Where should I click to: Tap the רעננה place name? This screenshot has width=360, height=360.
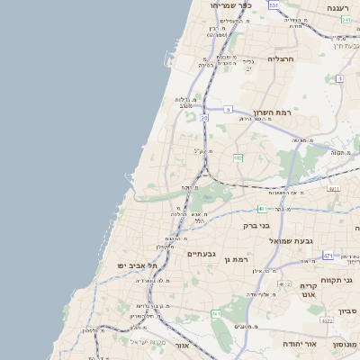coord(337,7)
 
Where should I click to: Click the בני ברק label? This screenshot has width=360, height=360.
coord(256,226)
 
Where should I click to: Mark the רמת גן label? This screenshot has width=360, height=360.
coord(236,259)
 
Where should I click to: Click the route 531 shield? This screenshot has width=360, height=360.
coord(274,5)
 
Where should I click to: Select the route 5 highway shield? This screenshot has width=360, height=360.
coord(229,110)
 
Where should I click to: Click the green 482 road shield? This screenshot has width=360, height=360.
coord(238,158)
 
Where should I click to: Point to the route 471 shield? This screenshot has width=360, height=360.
coord(328,256)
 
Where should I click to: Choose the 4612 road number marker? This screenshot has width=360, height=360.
coord(285,284)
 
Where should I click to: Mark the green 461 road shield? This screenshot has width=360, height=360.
coord(216,313)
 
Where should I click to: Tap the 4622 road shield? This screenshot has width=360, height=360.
coord(328,320)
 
